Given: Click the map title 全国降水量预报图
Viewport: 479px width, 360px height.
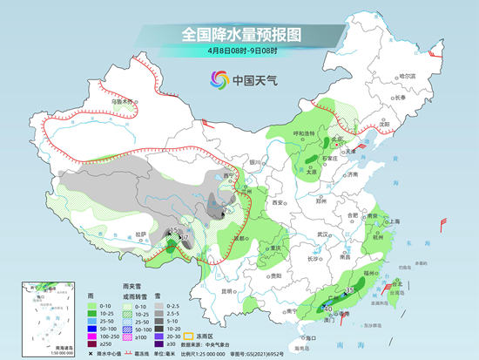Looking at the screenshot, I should (x=239, y=34).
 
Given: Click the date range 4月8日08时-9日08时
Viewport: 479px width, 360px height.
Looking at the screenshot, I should (x=239, y=51).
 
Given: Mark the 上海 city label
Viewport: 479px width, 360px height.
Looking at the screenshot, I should (x=395, y=221).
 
